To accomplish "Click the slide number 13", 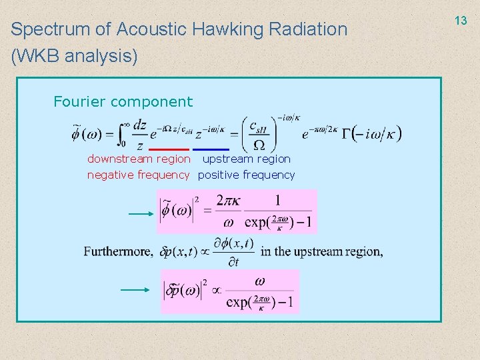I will [461, 21].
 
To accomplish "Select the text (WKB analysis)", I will [74, 57].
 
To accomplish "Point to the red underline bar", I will [169, 149].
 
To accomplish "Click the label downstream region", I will [139, 159].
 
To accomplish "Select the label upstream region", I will [247, 159].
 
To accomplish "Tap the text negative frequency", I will [139, 175].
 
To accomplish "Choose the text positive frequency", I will [247, 175].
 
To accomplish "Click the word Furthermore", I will [117, 251].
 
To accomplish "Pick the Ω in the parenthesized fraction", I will [259, 145].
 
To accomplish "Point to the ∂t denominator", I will [233, 262].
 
